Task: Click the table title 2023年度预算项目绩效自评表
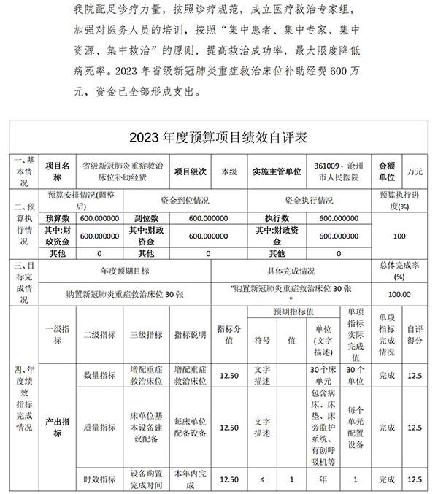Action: tap(218, 137)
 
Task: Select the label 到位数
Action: tap(146, 218)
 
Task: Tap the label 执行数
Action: tap(277, 218)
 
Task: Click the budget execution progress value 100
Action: tap(399, 236)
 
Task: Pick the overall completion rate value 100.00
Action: tap(399, 294)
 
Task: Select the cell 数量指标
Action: tap(99, 375)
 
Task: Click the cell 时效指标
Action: tap(99, 479)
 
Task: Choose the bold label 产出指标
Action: tap(58, 427)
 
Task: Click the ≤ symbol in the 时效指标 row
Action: tap(262, 479)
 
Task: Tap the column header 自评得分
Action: tap(415, 335)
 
